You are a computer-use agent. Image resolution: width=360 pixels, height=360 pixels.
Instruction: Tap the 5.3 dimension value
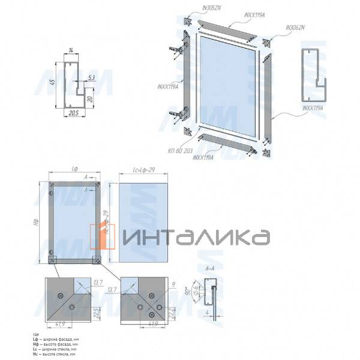point(91,77)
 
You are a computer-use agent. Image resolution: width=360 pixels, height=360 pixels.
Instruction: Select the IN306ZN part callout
point(295,28)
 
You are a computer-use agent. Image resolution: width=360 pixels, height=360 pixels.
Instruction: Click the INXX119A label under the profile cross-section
point(313,108)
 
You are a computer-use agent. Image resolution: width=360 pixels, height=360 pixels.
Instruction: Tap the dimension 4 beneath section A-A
point(206,312)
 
